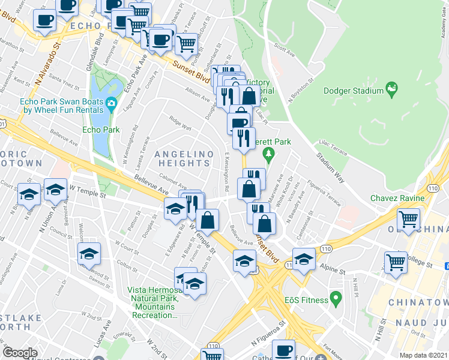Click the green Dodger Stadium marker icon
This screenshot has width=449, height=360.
(392, 89)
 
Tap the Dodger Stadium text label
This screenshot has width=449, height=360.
(353, 91)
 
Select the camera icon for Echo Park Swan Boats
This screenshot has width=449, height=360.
(111, 105)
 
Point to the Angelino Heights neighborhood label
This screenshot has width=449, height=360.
(184, 158)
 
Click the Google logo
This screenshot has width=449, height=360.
(20, 353)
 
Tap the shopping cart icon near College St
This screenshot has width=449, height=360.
(396, 262)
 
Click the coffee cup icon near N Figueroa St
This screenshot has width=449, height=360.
(283, 349)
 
